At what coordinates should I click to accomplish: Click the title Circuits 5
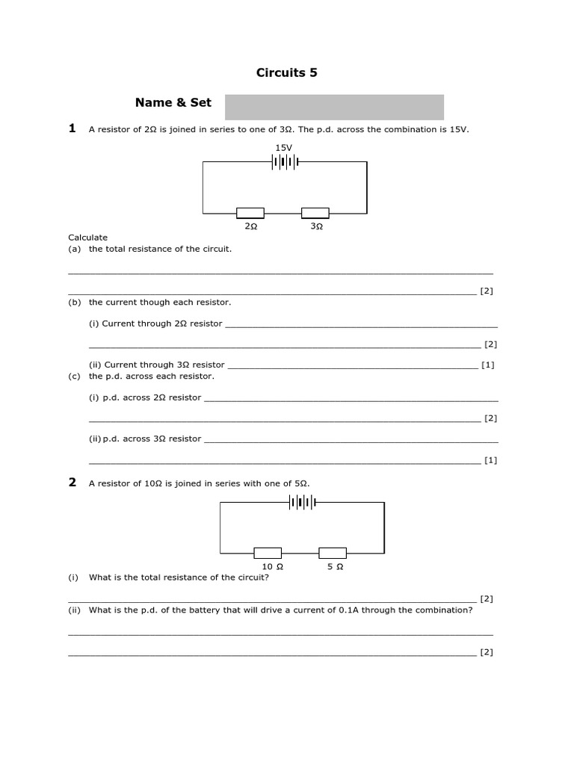coord(287,72)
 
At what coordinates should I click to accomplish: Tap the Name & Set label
coord(173,103)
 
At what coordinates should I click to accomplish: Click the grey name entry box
coord(334,107)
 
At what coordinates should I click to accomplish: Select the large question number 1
coord(72,128)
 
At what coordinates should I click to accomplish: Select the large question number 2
coord(72,483)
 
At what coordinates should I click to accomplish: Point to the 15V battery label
coord(284,148)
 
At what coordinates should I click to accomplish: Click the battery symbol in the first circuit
coord(286,161)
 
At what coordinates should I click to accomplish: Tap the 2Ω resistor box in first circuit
coord(250,213)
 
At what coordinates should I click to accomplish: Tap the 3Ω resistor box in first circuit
coord(315,213)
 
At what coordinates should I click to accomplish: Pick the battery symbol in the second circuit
coord(303,503)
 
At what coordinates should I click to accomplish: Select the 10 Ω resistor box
coord(268,553)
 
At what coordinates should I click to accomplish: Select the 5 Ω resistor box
coord(333,553)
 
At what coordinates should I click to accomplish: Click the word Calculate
coord(88,238)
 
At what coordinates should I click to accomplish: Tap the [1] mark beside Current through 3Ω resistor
coord(488,365)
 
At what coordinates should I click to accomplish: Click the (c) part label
coord(74,377)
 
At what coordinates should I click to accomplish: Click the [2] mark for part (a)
coord(487,291)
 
